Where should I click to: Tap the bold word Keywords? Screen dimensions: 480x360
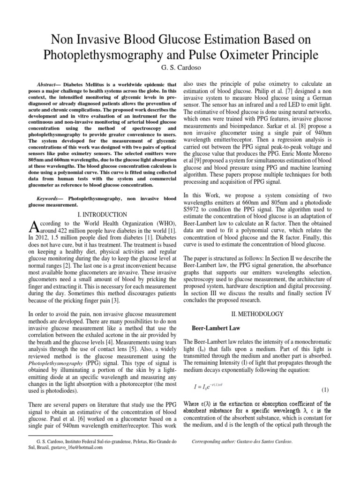(50, 199)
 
